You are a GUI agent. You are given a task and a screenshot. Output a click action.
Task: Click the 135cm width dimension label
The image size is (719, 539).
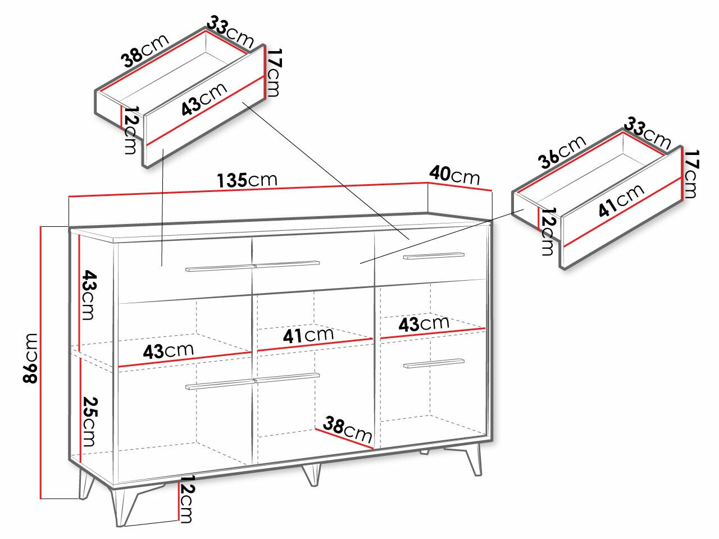tap(247, 180)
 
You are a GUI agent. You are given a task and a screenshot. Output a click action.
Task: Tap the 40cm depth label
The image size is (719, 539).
tap(454, 176)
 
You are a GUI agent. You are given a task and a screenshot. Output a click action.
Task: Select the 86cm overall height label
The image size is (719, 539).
tap(30, 358)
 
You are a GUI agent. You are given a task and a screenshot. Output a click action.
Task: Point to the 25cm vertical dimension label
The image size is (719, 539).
tap(89, 422)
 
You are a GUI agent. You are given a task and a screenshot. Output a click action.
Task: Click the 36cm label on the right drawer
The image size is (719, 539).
tap(562, 152)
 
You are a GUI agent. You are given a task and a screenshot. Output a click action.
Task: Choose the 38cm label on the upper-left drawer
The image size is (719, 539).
tap(145, 50)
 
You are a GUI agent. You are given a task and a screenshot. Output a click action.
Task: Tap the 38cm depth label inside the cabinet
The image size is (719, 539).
tap(347, 429)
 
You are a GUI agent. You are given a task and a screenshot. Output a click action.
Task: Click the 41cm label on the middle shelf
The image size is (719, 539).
tap(308, 335)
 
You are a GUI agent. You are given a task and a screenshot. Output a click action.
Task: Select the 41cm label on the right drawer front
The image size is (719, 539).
tap(621, 200)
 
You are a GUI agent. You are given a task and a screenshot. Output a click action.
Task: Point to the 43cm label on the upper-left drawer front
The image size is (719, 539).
tap(204, 99)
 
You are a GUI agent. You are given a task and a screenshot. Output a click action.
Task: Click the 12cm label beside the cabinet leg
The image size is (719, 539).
tap(186, 499)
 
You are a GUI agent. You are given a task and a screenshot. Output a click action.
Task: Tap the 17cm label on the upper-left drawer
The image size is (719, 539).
tap(273, 72)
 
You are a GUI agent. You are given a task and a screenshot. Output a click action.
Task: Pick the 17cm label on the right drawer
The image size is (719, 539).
tap(690, 174)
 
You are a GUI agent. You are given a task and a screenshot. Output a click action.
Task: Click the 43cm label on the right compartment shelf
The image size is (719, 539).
tap(424, 323)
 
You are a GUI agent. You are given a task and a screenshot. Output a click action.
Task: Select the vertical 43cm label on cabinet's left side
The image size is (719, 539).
tap(89, 295)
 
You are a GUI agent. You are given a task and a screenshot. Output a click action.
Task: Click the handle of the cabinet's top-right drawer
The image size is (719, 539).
tap(434, 255)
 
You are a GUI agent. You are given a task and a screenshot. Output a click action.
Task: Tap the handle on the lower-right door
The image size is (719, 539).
tap(434, 363)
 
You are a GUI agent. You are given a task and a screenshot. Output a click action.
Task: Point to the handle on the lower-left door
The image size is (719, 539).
tap(220, 385)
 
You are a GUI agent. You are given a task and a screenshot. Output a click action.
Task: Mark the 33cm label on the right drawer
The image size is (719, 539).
tap(647, 134)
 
